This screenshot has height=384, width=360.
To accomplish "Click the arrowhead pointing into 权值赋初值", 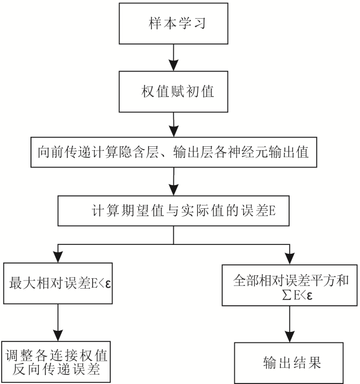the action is click(173, 65).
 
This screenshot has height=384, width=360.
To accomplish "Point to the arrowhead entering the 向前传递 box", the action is click(174, 131).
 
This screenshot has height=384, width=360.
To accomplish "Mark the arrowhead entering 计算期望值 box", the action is click(174, 190).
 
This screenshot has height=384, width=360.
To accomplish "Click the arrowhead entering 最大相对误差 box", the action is click(58, 257).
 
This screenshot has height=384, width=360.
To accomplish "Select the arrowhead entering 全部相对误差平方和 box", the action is click(290, 259).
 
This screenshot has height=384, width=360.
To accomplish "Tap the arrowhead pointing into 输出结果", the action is click(290, 336).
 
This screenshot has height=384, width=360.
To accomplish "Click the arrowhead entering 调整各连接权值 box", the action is click(58, 335).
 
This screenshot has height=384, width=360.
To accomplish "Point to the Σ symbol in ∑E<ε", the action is click(287, 296).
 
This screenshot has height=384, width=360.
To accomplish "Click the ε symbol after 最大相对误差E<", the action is click(108, 284).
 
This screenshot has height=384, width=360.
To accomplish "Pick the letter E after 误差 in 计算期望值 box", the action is click(272, 211).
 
